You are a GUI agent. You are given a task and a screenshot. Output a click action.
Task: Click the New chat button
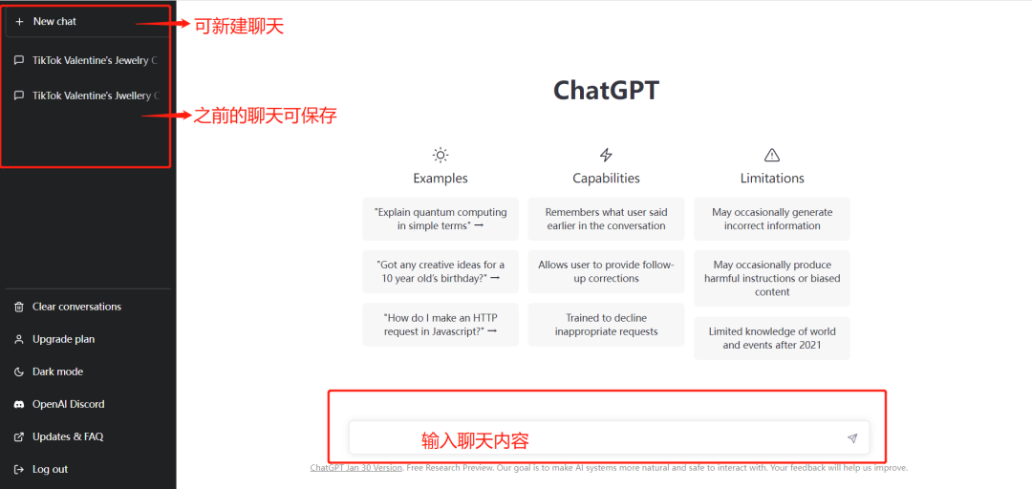(x=54, y=21)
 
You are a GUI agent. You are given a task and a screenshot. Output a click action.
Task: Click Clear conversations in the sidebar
(x=76, y=307)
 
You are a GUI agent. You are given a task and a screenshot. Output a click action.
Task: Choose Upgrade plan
(x=63, y=339)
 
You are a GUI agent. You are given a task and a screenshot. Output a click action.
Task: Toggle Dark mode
(x=57, y=372)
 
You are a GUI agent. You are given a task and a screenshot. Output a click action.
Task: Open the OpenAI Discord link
(x=68, y=404)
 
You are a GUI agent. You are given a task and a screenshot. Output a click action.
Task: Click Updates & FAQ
(x=67, y=436)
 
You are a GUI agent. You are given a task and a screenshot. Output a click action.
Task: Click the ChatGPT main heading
(x=606, y=90)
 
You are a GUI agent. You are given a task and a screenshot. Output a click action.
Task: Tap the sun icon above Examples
(x=441, y=155)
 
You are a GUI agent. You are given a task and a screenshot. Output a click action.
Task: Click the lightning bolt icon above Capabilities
(x=606, y=155)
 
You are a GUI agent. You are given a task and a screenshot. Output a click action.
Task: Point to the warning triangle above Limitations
(x=772, y=155)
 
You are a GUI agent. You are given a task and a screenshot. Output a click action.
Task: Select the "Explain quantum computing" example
(x=441, y=219)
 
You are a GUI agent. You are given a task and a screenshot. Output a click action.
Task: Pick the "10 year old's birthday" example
(x=441, y=271)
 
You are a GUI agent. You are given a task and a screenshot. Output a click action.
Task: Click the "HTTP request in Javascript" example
(x=441, y=325)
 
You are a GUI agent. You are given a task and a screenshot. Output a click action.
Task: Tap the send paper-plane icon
(x=851, y=438)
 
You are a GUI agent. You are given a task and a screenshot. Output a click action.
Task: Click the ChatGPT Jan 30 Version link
(x=355, y=468)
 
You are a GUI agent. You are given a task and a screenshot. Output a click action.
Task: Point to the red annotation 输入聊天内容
(x=475, y=440)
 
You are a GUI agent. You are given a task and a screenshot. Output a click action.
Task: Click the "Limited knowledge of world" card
(x=772, y=338)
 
